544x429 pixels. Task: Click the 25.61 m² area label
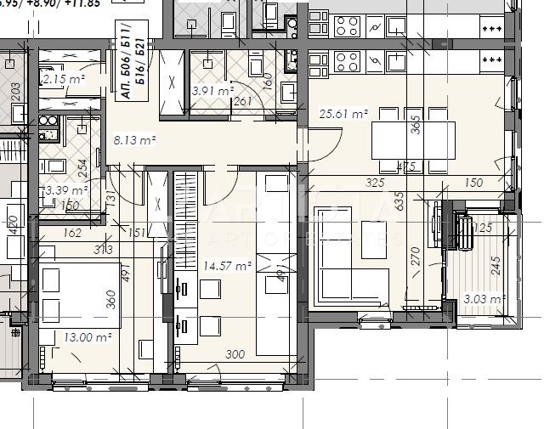pos(343,114)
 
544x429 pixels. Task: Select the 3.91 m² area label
pos(212,91)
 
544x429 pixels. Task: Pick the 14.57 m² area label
pos(227,267)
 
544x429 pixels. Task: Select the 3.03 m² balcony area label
pos(485,298)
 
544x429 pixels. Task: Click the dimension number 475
pos(406,167)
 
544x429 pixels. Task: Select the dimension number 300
pos(235,355)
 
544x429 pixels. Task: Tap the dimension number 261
pos(243,102)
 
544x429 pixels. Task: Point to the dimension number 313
pos(105,249)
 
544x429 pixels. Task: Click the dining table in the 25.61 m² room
pos(413,136)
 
